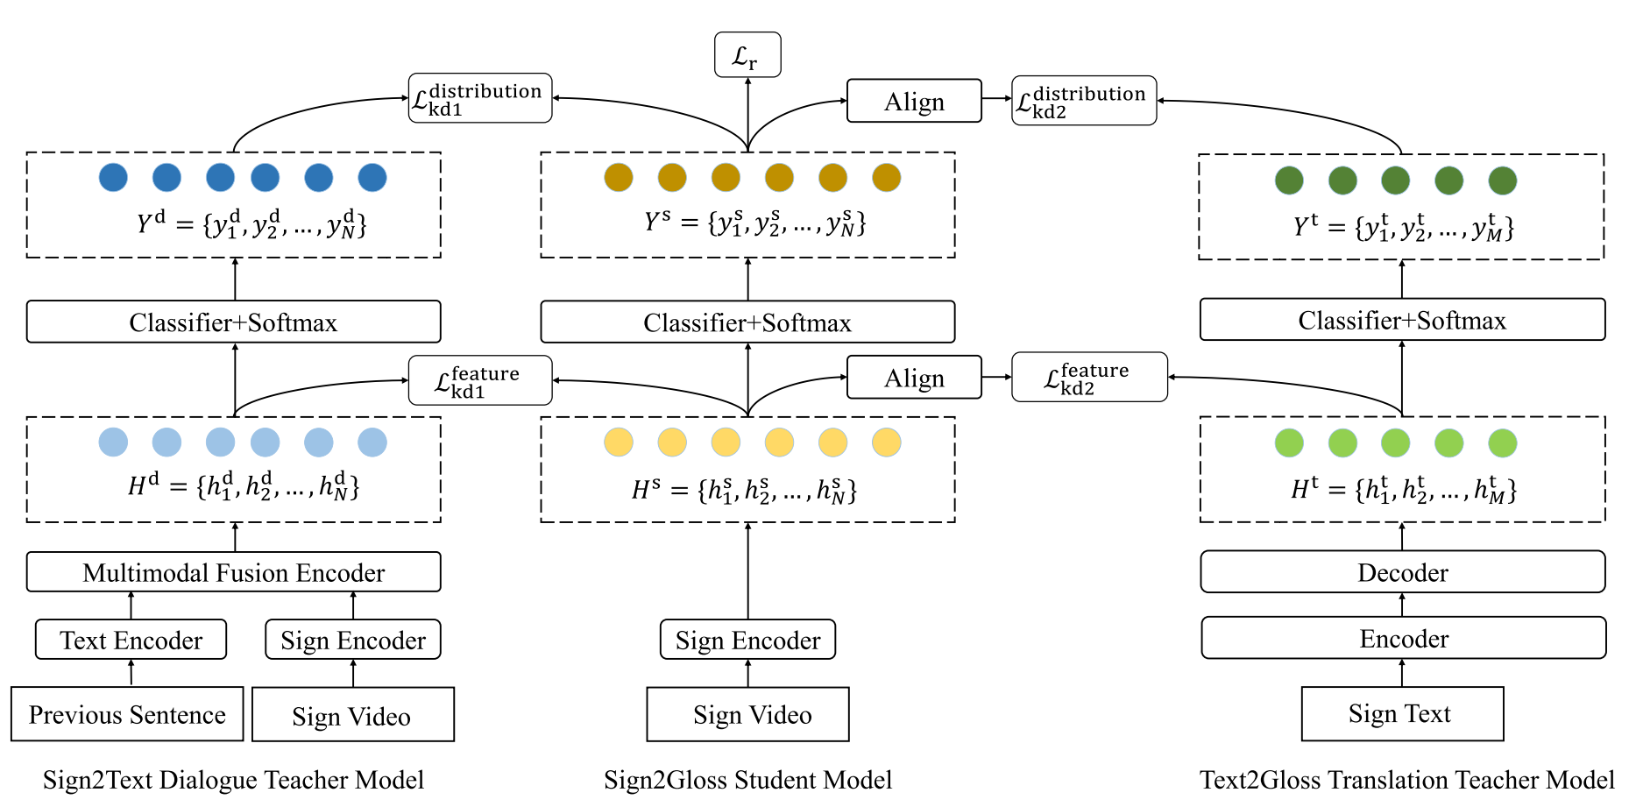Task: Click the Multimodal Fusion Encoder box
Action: click(x=233, y=572)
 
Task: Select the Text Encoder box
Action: click(x=131, y=640)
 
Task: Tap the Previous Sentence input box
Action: click(x=127, y=714)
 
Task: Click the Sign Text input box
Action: click(x=1402, y=714)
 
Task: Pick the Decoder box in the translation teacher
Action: click(x=1402, y=572)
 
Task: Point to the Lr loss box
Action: click(x=747, y=55)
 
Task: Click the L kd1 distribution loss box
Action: click(x=480, y=98)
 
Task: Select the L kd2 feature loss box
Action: click(x=1089, y=378)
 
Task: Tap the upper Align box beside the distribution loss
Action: click(x=914, y=101)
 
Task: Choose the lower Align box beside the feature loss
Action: click(x=914, y=378)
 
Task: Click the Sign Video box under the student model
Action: click(x=747, y=714)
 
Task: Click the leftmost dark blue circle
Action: click(x=113, y=178)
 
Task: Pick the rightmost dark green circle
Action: click(x=1502, y=181)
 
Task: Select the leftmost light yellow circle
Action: click(x=619, y=442)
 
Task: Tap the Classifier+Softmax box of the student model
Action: click(x=747, y=322)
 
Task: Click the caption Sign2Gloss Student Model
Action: click(x=747, y=780)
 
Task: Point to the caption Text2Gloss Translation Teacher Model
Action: click(x=1406, y=780)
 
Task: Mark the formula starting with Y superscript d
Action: click(x=251, y=224)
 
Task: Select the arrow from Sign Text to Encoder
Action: click(x=1402, y=673)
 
